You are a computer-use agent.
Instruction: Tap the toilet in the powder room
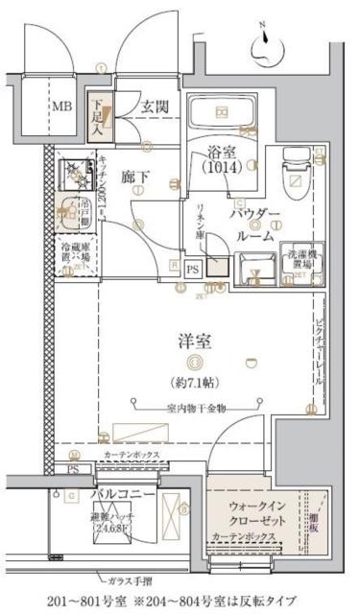[x=293, y=173]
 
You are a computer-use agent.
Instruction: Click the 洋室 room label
[x=195, y=340]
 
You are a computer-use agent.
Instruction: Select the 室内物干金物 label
[x=196, y=408]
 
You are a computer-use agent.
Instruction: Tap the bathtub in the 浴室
[x=222, y=115]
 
